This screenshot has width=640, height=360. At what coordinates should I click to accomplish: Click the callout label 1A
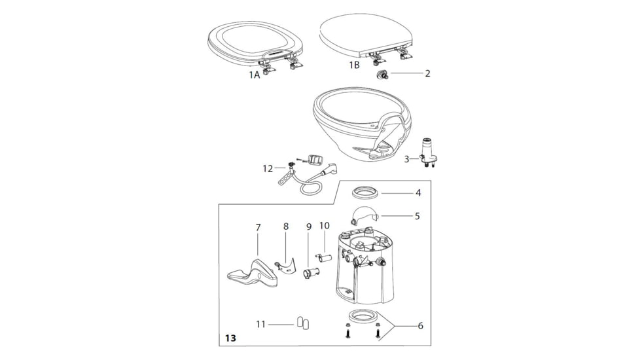coord(254,75)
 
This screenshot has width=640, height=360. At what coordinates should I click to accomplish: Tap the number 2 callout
coord(427,73)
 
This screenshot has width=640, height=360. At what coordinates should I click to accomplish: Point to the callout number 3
coord(406,158)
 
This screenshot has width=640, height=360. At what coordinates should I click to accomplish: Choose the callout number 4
coord(418,193)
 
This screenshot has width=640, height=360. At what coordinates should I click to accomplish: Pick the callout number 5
coord(417,215)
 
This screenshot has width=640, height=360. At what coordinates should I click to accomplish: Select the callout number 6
coord(420,325)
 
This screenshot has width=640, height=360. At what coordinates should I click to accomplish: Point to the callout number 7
coord(258,227)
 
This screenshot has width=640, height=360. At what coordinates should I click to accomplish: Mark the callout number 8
coord(286,226)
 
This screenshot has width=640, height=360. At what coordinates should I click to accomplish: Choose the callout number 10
coord(324,226)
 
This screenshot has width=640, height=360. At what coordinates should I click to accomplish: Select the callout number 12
coord(268,168)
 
